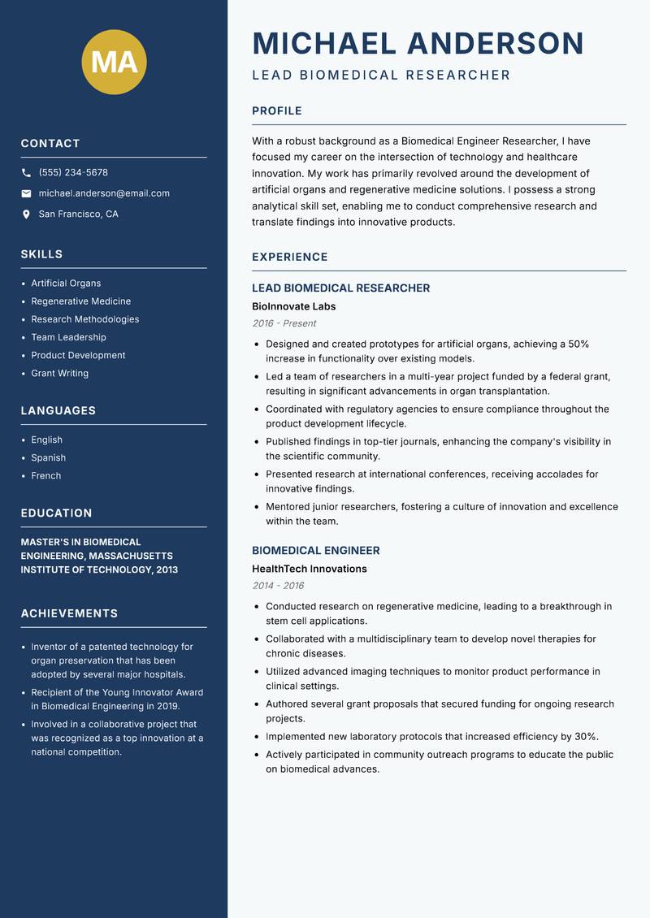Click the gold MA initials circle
(x=114, y=62)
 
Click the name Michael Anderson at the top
(x=418, y=43)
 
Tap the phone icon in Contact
(x=27, y=173)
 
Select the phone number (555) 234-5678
(x=73, y=172)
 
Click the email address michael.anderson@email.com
(x=104, y=193)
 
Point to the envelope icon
(x=27, y=193)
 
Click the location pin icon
(x=27, y=214)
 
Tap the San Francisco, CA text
(x=78, y=214)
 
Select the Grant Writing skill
(x=59, y=374)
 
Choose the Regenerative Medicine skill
(x=80, y=301)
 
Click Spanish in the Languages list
(x=48, y=458)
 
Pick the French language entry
(x=45, y=476)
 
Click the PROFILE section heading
(x=276, y=111)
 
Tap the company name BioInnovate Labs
(x=293, y=307)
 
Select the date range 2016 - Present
(x=284, y=323)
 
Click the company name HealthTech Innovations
(x=309, y=569)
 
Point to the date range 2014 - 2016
(x=278, y=586)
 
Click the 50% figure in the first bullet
(x=578, y=344)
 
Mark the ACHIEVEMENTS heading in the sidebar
(x=69, y=613)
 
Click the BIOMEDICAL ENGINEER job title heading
(x=315, y=551)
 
